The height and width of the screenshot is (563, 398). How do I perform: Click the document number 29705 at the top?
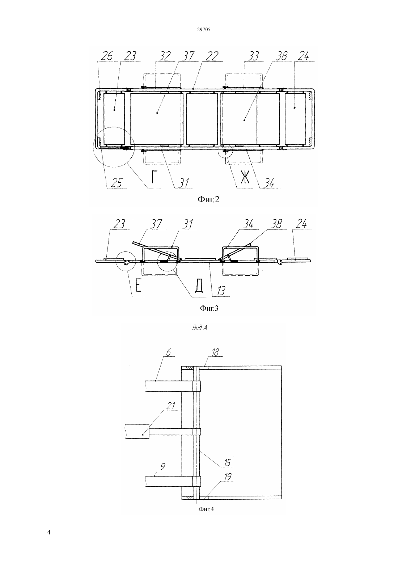pyautogui.click(x=203, y=30)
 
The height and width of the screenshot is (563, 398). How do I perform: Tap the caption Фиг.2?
pyautogui.click(x=208, y=199)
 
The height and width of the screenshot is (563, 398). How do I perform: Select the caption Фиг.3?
pyautogui.click(x=209, y=308)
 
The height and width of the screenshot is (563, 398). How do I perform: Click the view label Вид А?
pyautogui.click(x=199, y=328)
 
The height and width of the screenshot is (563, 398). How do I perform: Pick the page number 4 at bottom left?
pyautogui.click(x=49, y=532)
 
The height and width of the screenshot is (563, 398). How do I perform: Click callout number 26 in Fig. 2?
pyautogui.click(x=107, y=56)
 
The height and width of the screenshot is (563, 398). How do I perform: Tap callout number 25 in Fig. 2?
pyautogui.click(x=117, y=183)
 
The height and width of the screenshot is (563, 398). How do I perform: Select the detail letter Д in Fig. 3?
pyautogui.click(x=199, y=286)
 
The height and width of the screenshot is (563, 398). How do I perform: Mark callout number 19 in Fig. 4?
pyautogui.click(x=228, y=477)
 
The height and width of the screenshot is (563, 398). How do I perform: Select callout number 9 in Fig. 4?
pyautogui.click(x=163, y=466)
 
